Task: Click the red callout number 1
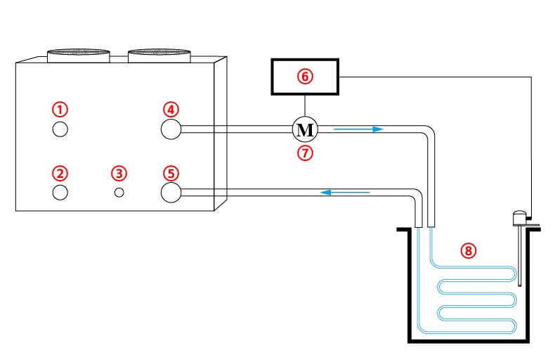[x=61, y=109]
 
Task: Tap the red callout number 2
[x=61, y=173]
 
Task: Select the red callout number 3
[x=119, y=173]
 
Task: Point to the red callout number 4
[x=171, y=109]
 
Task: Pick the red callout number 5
[x=171, y=173]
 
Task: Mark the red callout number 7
[x=305, y=153]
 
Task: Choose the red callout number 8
[x=469, y=250]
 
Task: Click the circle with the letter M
[x=305, y=129]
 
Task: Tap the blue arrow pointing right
[x=358, y=129]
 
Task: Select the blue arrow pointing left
[x=345, y=191]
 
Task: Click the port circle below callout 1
[x=60, y=129]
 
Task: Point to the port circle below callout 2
[x=60, y=192]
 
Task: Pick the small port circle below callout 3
[x=119, y=192]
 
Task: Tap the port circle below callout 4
[x=171, y=129]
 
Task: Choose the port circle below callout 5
[x=171, y=192]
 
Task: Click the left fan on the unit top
[x=78, y=54]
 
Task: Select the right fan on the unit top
[x=159, y=54]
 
